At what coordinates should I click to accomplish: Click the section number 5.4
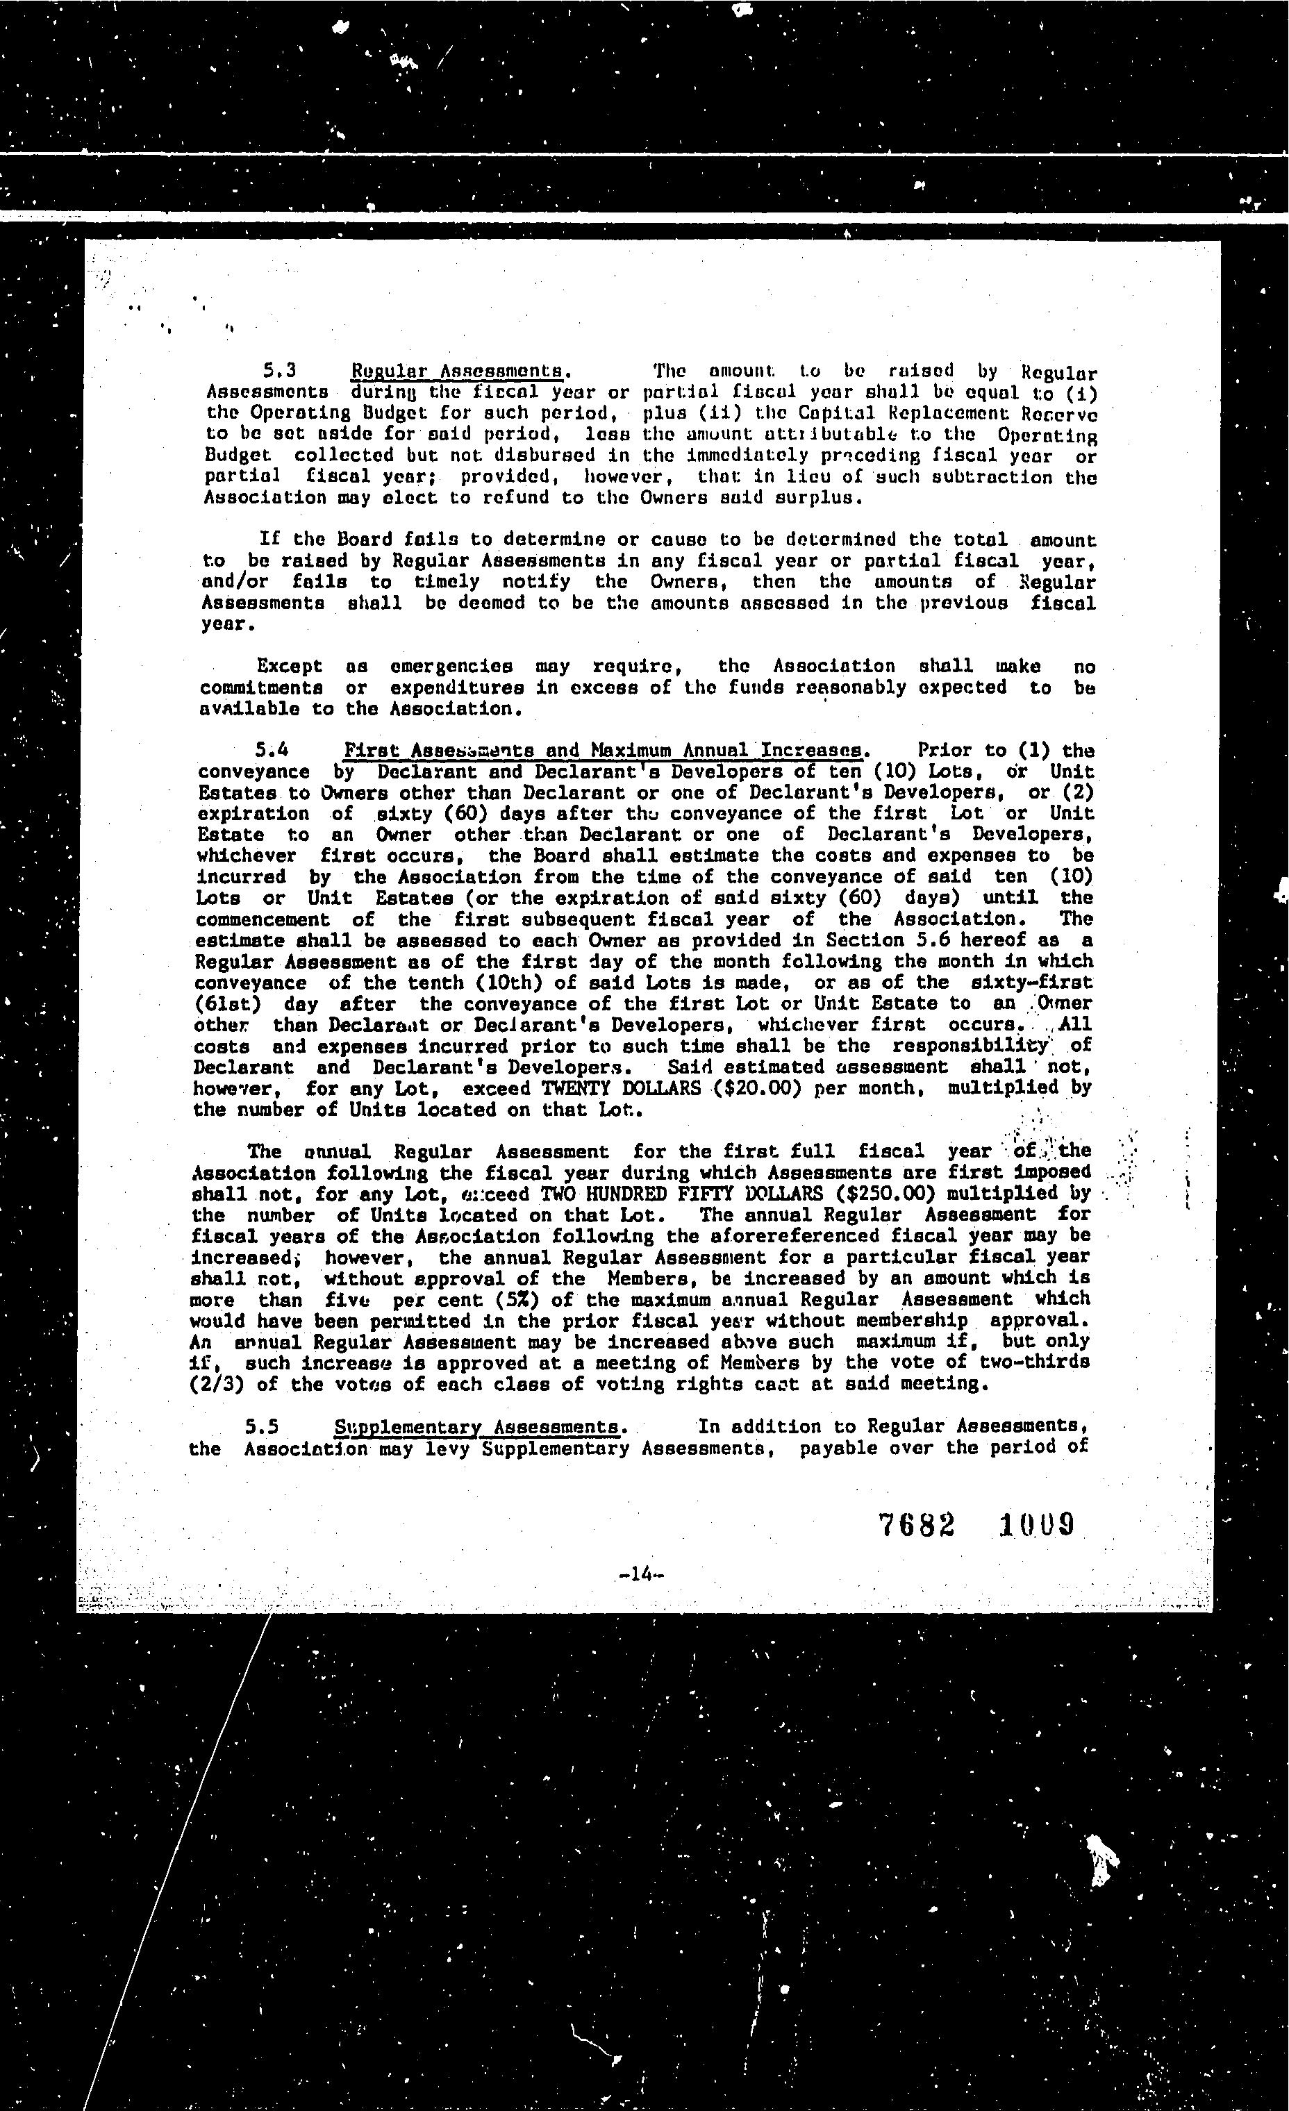click(272, 751)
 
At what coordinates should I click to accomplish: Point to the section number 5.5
click(263, 1426)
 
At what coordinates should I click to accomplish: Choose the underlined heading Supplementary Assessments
click(477, 1427)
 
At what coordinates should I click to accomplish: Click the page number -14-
click(642, 1574)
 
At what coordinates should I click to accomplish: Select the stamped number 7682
click(917, 1525)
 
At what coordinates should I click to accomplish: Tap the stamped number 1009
click(1036, 1525)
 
